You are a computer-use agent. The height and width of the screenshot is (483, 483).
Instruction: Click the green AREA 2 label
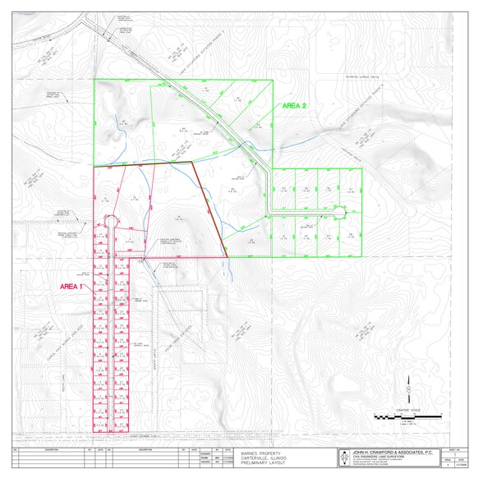[294, 106]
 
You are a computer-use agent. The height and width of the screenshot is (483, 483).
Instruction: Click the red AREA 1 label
[72, 286]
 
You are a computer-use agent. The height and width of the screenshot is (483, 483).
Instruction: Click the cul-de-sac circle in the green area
[339, 212]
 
